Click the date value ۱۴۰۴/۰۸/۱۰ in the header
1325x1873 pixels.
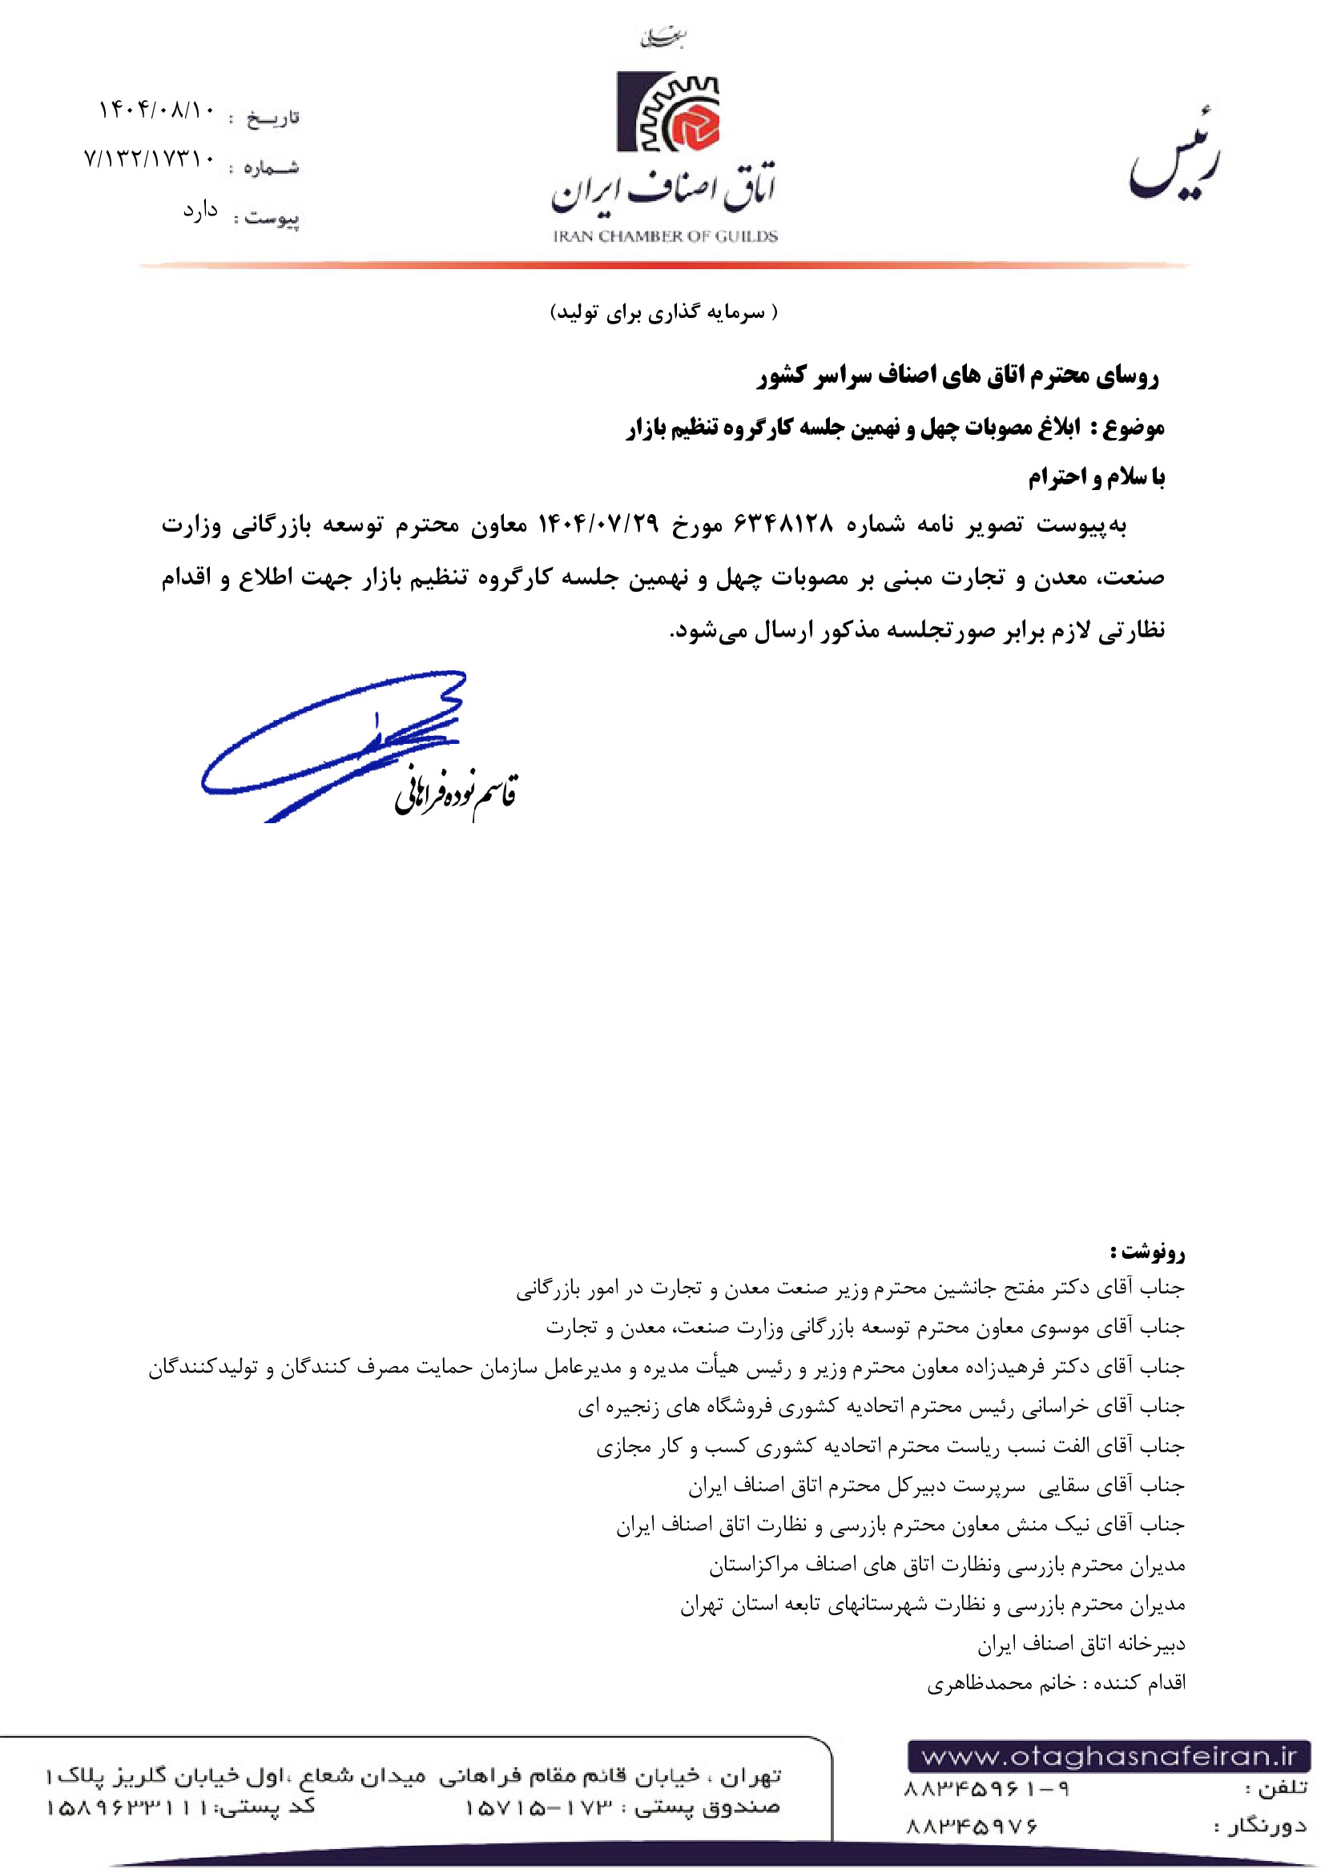point(156,110)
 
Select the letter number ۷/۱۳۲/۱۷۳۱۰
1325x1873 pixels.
point(149,159)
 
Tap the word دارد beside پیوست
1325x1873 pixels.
point(200,211)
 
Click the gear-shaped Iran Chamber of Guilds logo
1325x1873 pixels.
point(668,113)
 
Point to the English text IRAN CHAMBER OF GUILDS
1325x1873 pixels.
point(665,236)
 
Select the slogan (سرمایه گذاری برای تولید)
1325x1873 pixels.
point(664,312)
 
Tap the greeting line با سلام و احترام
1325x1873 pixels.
point(1096,476)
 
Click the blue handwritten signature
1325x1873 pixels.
point(335,742)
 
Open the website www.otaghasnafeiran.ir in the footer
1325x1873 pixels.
point(1109,1755)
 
